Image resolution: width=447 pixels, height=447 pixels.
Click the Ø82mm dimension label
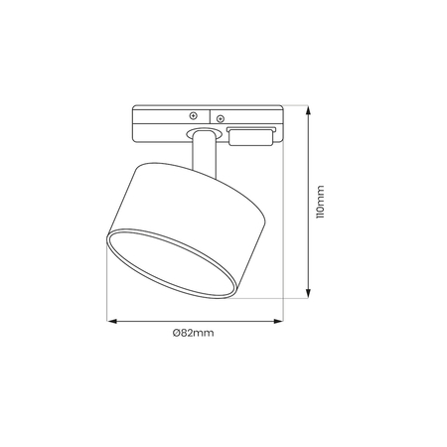[193, 334]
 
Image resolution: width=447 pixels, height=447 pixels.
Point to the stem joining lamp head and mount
[203, 154]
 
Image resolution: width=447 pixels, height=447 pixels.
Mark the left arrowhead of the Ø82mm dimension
[111, 321]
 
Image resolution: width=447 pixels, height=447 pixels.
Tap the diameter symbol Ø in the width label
[176, 334]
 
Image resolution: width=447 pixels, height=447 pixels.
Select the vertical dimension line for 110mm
[307, 199]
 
